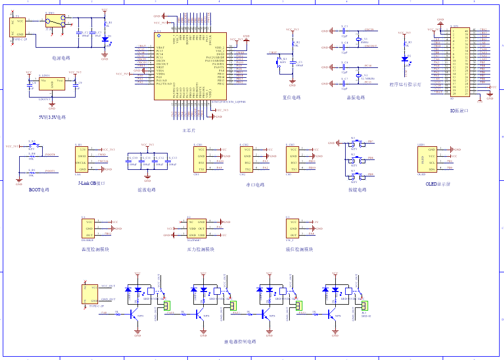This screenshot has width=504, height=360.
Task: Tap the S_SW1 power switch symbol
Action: point(54,22)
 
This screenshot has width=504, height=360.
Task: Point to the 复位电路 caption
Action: point(291,98)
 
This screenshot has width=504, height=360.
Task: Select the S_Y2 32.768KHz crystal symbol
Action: point(359,76)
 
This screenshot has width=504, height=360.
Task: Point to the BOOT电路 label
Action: point(38,190)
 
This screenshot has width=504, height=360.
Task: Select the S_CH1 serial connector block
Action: point(201,159)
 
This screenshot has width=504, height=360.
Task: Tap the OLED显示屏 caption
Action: point(438,184)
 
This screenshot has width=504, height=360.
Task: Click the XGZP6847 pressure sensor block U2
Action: point(196,228)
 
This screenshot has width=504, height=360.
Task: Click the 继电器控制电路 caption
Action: point(240,341)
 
